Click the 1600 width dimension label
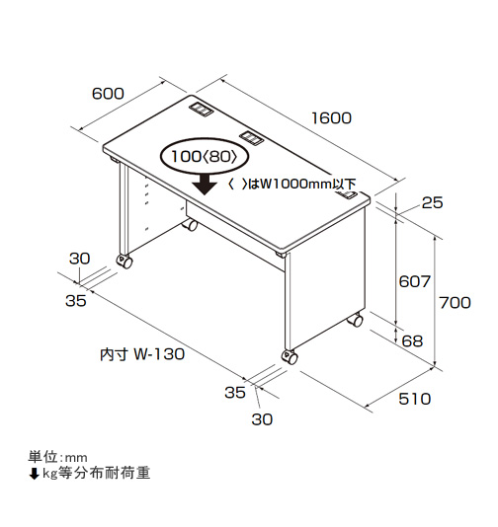click(x=331, y=118)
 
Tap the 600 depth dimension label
click(x=108, y=94)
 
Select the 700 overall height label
click(x=455, y=303)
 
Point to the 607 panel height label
click(x=415, y=281)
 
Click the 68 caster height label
click(x=412, y=341)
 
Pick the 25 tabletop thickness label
click(x=433, y=202)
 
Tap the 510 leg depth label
click(x=415, y=399)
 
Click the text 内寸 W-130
click(x=142, y=354)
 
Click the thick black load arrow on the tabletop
click(x=205, y=186)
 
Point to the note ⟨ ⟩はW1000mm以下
click(x=291, y=185)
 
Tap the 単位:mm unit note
click(x=57, y=457)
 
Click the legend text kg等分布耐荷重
click(x=96, y=473)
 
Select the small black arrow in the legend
click(x=34, y=474)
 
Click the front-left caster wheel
click(x=124, y=262)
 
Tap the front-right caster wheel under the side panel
click(x=290, y=357)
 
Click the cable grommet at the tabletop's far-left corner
click(x=201, y=109)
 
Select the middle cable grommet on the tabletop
click(x=251, y=137)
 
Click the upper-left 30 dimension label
click(x=80, y=259)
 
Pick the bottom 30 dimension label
click(x=262, y=419)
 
